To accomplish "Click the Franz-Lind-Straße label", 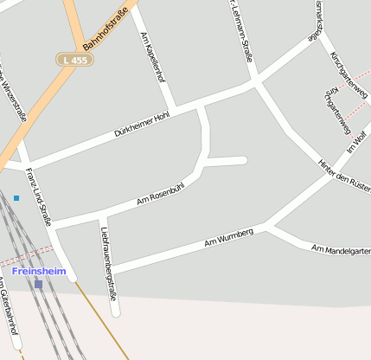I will tap(39, 196).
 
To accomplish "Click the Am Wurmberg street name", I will tap(228, 237).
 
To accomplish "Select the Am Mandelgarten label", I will tap(341, 250).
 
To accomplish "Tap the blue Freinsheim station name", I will tap(38, 271).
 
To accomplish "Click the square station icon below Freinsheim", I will tap(38, 284).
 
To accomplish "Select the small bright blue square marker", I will tap(16, 198).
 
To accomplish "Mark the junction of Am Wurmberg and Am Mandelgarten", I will tap(269, 227).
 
